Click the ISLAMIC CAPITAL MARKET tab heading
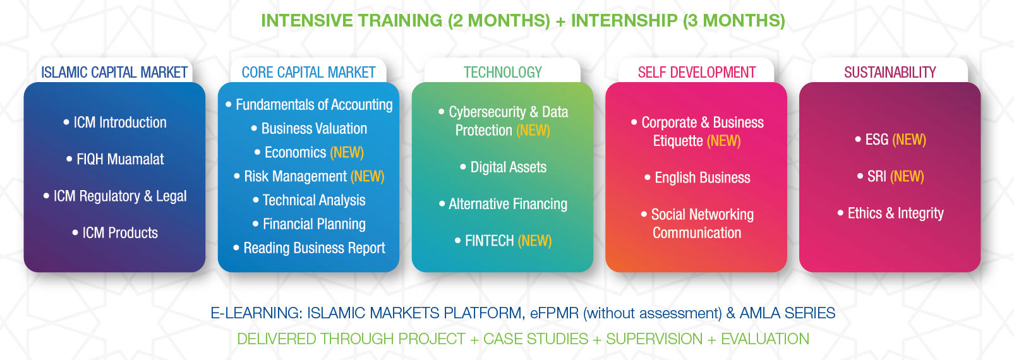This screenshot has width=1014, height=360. [x=114, y=73]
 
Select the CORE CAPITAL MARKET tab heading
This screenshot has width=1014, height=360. [x=308, y=73]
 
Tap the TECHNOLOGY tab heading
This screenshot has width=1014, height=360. [x=502, y=73]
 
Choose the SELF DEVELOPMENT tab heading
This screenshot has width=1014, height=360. [x=697, y=73]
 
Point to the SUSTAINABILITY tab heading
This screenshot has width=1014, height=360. [x=890, y=73]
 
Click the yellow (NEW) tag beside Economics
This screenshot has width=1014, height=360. [x=347, y=152]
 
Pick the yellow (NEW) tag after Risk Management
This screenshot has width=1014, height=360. [x=367, y=176]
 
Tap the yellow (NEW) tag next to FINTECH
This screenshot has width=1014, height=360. [x=534, y=241]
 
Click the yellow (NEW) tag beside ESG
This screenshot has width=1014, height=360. [x=909, y=140]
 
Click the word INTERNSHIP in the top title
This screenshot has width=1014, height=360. [x=624, y=21]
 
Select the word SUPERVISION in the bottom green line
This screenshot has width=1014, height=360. [x=654, y=339]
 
